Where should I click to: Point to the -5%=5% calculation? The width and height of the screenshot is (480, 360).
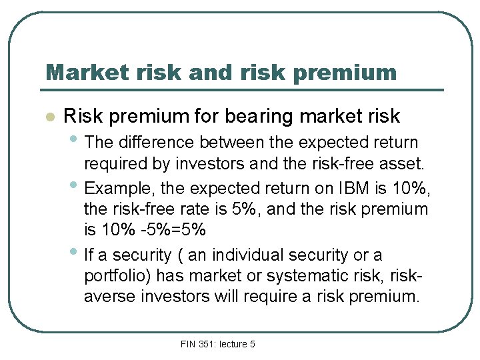click(164, 231)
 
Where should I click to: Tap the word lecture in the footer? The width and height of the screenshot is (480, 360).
click(234, 344)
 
